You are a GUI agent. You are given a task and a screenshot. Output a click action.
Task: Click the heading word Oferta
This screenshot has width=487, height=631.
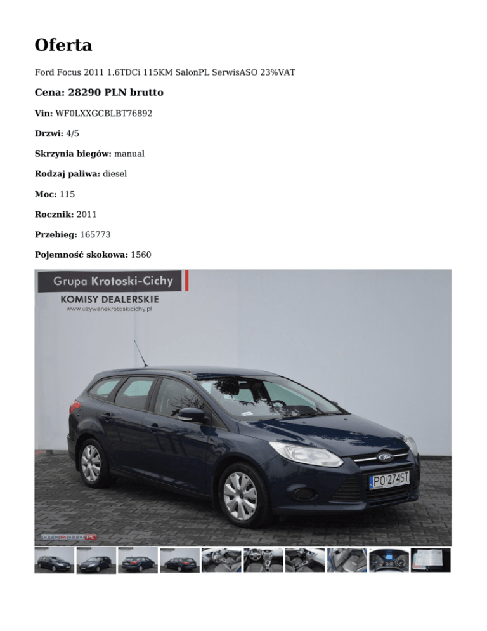(63, 45)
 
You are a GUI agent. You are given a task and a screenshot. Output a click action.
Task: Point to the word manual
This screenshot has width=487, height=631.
(129, 153)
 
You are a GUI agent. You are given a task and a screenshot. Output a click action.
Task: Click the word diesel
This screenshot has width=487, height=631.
(115, 173)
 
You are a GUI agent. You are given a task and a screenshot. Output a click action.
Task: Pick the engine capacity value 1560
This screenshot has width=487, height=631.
(141, 255)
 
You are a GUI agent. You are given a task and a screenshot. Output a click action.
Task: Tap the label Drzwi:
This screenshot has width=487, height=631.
(48, 133)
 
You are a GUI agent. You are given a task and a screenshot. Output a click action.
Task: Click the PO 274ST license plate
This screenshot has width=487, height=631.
(389, 480)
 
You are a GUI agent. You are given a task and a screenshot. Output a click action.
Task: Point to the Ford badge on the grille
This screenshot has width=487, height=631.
(386, 457)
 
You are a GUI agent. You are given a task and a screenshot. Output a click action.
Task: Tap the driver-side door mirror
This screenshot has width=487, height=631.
(190, 415)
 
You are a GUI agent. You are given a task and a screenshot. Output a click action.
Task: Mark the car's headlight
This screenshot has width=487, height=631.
(305, 454)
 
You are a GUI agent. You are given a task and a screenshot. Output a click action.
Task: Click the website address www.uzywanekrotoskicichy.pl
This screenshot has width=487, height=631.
(109, 309)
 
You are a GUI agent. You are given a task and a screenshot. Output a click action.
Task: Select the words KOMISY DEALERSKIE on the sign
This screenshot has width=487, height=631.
(109, 298)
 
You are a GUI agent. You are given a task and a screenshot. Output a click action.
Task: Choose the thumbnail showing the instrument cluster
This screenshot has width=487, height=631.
(388, 561)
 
